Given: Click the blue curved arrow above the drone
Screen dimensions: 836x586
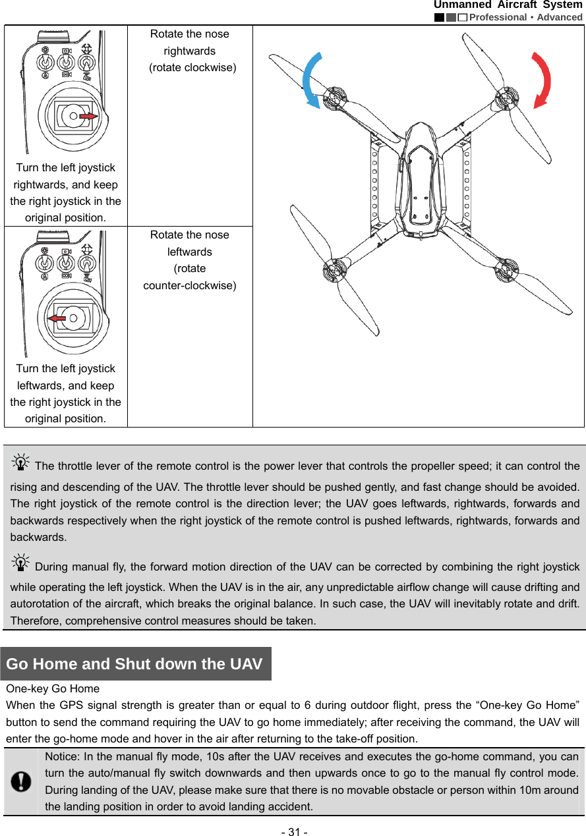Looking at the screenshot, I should point(310,80).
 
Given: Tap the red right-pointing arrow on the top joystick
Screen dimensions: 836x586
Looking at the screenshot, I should point(89,116).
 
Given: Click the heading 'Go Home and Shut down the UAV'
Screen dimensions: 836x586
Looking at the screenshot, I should point(134,663).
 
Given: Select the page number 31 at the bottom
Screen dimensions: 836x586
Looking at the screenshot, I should point(293,831).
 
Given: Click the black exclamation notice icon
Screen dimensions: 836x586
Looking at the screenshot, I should point(22,781).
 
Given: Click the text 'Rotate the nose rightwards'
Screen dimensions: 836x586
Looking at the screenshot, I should point(189,42).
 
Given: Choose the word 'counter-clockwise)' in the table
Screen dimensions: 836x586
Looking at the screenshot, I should point(190,285).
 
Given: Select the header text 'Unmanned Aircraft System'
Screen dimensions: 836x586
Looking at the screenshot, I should point(508,5).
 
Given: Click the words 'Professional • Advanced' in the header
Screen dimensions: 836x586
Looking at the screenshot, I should point(526,17).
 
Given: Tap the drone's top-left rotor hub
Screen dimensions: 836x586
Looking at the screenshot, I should point(334,98).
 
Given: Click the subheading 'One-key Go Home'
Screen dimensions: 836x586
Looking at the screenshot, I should point(53,688).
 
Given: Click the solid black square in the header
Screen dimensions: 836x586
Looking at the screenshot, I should point(439,17).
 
